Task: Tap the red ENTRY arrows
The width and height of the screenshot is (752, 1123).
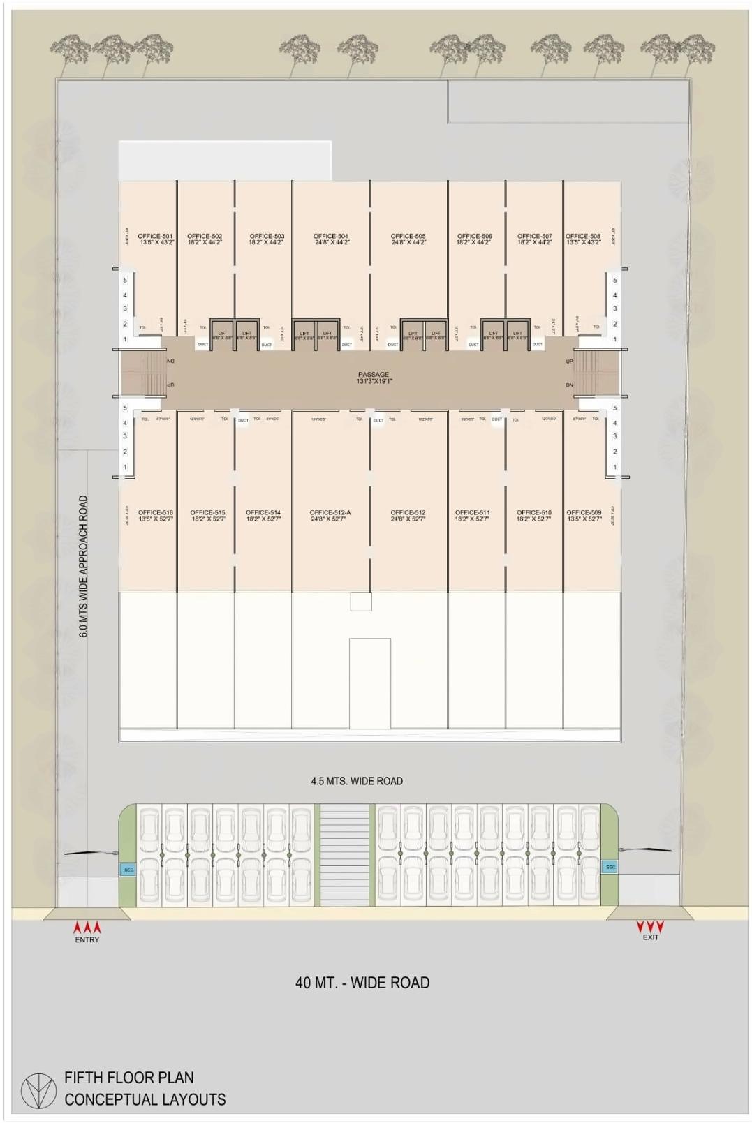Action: point(87,928)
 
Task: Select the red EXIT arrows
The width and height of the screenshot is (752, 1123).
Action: point(650,926)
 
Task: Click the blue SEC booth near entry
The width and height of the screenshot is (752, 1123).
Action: point(128,870)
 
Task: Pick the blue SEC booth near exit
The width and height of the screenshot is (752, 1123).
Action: point(610,867)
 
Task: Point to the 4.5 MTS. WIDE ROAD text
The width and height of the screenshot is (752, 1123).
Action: point(357,781)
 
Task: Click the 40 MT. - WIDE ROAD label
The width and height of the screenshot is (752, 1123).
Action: point(362,982)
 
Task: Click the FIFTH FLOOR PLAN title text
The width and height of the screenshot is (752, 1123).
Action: point(129,1077)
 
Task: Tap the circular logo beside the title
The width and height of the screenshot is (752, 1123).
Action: point(38,1089)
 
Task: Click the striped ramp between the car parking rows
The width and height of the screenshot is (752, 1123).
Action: point(344,855)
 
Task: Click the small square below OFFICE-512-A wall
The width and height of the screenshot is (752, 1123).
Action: point(361,601)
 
